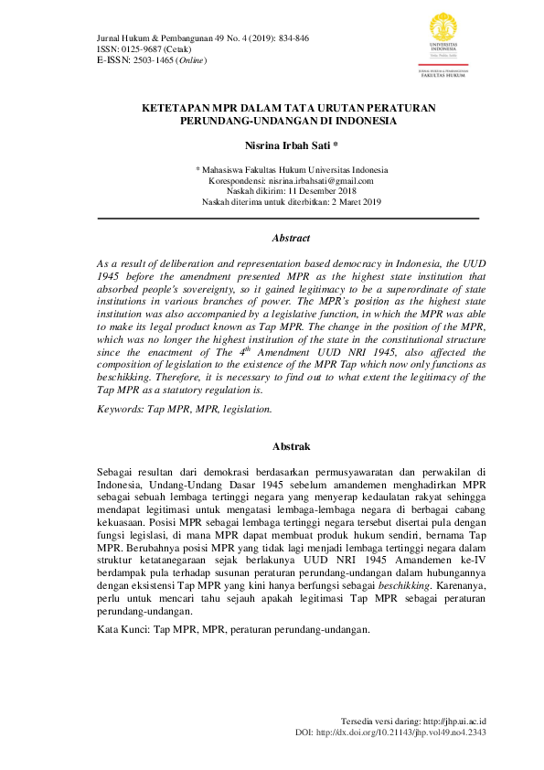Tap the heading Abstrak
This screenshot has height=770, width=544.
click(x=292, y=446)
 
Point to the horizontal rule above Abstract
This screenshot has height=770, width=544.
click(x=288, y=219)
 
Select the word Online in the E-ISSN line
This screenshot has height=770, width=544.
click(x=193, y=60)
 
